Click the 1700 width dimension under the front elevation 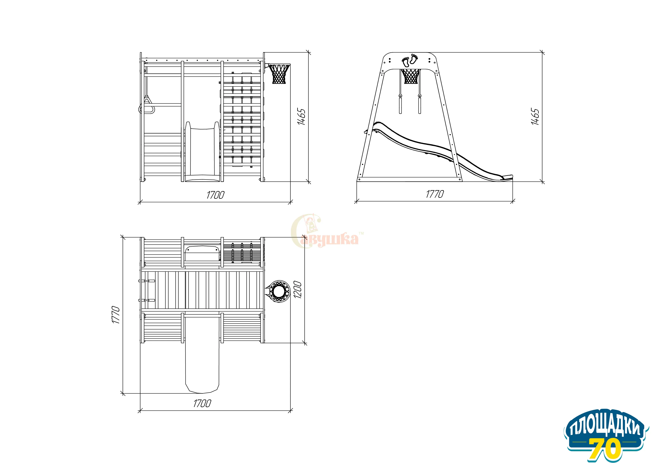pyautogui.click(x=215, y=195)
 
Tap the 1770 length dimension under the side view pyautogui.click(x=435, y=194)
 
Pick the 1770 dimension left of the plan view pyautogui.click(x=116, y=315)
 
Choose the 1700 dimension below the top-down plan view pyautogui.click(x=202, y=404)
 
